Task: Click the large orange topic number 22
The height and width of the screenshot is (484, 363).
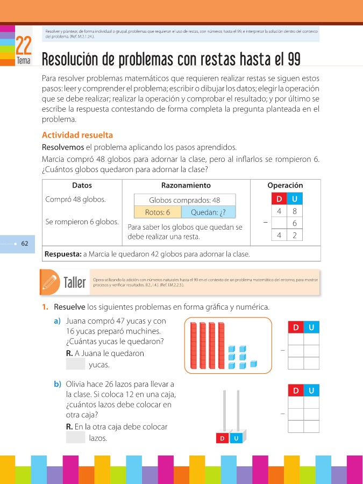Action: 23,46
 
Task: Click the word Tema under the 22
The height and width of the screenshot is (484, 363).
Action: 24,61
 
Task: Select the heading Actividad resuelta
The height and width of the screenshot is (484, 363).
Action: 77,135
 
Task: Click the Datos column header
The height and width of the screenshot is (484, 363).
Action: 82,185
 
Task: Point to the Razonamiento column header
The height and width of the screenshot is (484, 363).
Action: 186,185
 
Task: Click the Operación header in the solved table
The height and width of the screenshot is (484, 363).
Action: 285,185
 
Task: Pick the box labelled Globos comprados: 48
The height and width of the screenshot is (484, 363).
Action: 184,200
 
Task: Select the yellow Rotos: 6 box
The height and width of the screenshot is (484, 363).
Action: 158,212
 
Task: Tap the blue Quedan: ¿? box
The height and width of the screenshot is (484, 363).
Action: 211,212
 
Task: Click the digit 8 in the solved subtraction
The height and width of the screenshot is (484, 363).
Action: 294,211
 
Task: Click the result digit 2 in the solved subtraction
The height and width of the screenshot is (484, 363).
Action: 294,236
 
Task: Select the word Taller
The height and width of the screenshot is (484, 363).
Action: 75,283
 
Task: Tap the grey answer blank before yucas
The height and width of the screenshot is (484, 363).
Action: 75,365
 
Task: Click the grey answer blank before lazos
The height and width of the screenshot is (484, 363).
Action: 75,438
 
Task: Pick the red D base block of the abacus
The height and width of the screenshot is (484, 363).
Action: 222,439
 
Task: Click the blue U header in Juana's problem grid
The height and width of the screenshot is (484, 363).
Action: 311,327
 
